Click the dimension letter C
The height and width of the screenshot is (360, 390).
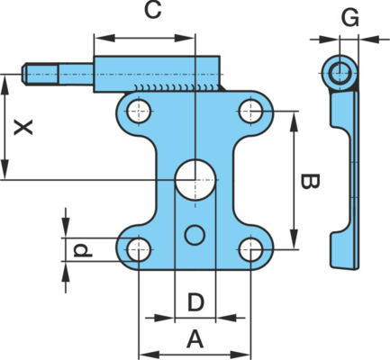(x=153, y=11)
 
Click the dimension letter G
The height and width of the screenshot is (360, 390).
(x=350, y=17)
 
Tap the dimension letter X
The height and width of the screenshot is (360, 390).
(x=23, y=128)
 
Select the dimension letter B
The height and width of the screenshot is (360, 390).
(x=310, y=181)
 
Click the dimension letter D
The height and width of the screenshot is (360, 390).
(x=195, y=302)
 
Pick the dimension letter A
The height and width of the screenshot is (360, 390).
(x=195, y=339)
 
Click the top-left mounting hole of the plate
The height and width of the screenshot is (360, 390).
(x=139, y=112)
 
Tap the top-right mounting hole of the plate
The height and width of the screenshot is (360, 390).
(x=251, y=111)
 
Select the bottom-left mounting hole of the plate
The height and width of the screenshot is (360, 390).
(x=139, y=249)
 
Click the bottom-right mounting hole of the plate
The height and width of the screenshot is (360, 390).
(x=251, y=249)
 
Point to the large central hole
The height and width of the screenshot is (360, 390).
(x=195, y=180)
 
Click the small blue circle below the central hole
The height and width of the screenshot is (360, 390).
(x=195, y=235)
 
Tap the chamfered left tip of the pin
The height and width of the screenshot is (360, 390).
(x=24, y=74)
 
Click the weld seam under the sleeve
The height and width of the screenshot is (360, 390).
(x=178, y=88)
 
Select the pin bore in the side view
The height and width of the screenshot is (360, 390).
(x=340, y=73)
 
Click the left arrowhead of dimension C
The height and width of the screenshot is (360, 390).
(x=104, y=38)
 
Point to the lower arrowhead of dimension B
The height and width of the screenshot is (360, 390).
(x=295, y=238)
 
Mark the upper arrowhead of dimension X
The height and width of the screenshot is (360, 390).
(x=5, y=85)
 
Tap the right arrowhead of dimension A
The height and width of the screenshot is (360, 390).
(x=240, y=355)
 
